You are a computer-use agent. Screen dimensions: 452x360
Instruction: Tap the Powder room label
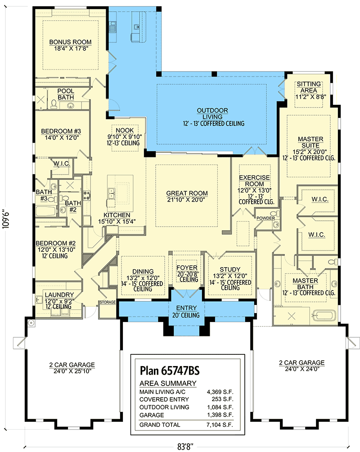(265, 218)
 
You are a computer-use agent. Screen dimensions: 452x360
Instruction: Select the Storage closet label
(108, 302)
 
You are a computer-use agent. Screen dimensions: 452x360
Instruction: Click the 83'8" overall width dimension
(184, 447)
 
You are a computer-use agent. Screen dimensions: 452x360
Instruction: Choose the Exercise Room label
(254, 181)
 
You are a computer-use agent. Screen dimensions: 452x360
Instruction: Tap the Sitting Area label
(309, 87)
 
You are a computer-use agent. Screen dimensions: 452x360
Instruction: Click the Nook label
(125, 130)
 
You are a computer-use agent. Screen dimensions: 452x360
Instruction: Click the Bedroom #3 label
(61, 131)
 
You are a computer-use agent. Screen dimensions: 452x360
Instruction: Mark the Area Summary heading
(168, 384)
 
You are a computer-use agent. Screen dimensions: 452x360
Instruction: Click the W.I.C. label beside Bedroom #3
(61, 163)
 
